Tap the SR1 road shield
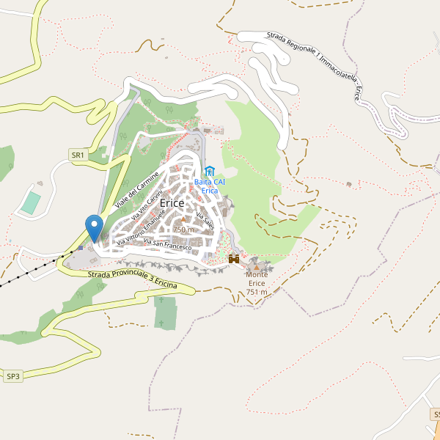(x=78, y=155)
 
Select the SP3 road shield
(x=14, y=376)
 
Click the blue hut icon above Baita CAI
(x=210, y=172)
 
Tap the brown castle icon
(x=235, y=259)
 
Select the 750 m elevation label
(x=183, y=230)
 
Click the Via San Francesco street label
(x=167, y=244)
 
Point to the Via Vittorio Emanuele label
(x=139, y=229)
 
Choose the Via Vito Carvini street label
(x=147, y=205)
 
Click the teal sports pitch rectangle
(x=30, y=202)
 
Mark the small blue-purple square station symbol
(x=80, y=247)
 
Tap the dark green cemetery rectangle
(x=166, y=313)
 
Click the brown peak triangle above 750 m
(x=183, y=220)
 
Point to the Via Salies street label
(x=205, y=220)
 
